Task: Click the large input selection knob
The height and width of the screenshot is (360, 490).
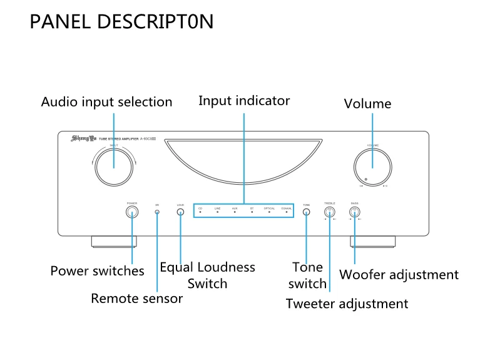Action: click(x=113, y=167)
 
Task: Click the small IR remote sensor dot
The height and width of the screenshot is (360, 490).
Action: click(x=157, y=212)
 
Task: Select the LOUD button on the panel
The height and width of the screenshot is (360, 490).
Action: click(x=180, y=212)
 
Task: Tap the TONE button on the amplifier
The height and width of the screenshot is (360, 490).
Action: click(x=306, y=212)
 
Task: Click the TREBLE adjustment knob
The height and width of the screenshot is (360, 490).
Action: click(x=330, y=212)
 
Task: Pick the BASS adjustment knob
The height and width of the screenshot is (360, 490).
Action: click(x=354, y=212)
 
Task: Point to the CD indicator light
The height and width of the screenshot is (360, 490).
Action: click(x=200, y=213)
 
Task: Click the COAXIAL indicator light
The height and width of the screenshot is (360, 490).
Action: click(x=287, y=213)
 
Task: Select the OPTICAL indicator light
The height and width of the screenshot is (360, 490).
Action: click(x=269, y=213)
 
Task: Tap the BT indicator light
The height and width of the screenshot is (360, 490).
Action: click(x=252, y=213)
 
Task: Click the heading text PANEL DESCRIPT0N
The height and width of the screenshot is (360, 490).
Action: click(x=122, y=22)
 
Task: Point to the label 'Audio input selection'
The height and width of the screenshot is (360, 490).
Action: click(x=106, y=101)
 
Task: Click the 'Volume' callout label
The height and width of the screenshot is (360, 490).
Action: click(x=367, y=104)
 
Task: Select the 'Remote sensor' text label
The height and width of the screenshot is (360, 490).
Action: click(x=136, y=299)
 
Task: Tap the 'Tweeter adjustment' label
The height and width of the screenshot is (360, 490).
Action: click(x=347, y=304)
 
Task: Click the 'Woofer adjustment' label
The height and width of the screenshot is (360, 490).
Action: click(x=399, y=275)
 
